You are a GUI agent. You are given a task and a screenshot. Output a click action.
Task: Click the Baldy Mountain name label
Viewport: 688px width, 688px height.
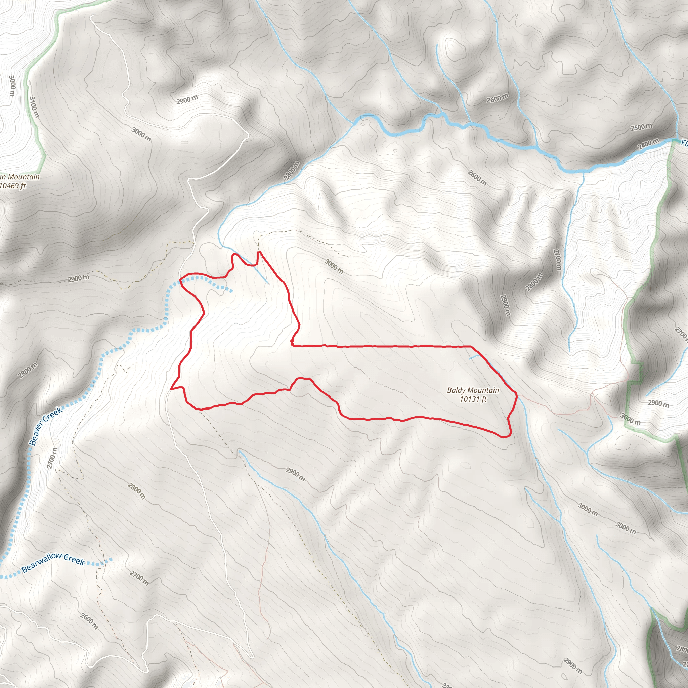(473, 390)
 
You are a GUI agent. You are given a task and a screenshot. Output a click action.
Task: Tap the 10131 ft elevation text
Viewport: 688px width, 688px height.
(473, 399)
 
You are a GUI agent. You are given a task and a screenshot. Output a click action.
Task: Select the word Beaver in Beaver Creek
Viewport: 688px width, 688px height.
(37, 435)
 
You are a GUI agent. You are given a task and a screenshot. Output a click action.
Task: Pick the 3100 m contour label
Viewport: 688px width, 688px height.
(34, 106)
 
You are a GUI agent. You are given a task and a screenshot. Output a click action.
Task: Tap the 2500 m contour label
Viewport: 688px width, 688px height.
(641, 127)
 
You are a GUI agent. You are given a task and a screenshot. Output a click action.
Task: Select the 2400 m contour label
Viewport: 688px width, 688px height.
(648, 144)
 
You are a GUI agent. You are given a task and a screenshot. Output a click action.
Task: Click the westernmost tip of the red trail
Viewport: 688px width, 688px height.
(171, 389)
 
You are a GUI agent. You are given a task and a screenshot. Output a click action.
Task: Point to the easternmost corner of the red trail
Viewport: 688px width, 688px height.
(517, 394)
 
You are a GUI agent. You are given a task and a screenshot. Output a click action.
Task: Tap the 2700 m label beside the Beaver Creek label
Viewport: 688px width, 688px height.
(52, 458)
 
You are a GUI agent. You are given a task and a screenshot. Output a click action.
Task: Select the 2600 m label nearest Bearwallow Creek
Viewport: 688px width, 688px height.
(89, 621)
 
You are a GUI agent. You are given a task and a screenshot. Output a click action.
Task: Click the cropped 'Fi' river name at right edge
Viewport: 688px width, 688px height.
(684, 143)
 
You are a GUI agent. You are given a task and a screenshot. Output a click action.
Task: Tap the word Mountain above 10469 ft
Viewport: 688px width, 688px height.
(24, 177)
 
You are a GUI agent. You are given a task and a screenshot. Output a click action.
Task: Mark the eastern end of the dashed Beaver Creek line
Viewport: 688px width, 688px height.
(231, 291)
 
